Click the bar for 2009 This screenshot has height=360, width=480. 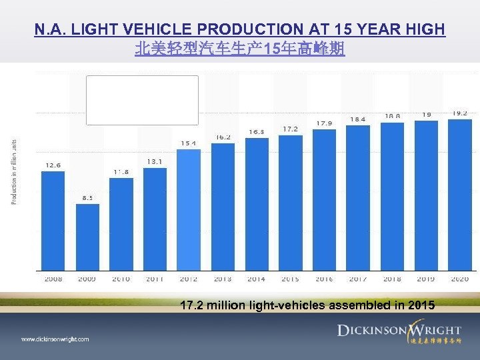87,237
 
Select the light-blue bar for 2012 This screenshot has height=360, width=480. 189,209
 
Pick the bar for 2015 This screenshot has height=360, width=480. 291,203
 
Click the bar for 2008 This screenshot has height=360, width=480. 53,220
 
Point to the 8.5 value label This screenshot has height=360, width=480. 87,197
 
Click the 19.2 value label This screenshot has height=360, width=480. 460,113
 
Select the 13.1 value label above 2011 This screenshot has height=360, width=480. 155,161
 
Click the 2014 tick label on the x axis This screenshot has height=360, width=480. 257,279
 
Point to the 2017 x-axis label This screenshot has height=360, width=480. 359,279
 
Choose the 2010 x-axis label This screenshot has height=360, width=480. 121,279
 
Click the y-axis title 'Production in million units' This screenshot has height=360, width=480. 15,171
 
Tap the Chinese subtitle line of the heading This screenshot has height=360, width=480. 240,49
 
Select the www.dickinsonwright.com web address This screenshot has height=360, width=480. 55,339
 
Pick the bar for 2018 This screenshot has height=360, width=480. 393,197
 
